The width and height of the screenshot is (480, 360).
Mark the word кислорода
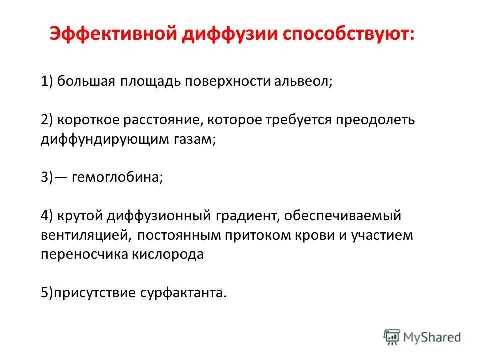[x=168, y=254]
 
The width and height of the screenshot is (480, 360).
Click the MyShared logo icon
[x=392, y=337]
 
